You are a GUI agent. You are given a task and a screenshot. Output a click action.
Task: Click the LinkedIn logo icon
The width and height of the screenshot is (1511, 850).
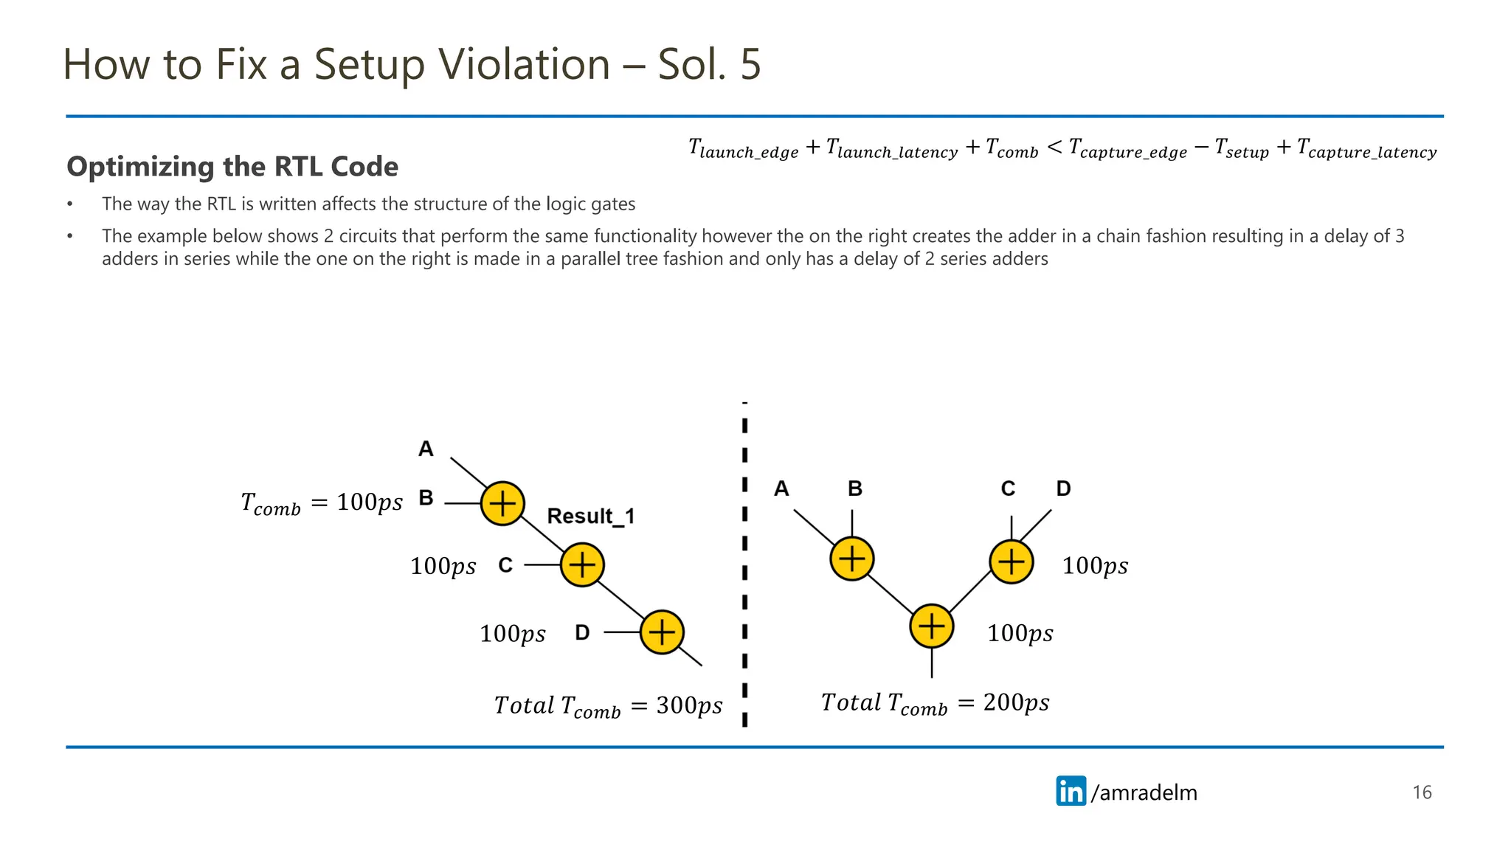pyautogui.click(x=1071, y=791)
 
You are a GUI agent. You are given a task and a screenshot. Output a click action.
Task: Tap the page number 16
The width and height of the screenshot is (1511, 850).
pyautogui.click(x=1422, y=792)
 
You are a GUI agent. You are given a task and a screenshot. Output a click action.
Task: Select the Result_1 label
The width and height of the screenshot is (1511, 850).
pyautogui.click(x=590, y=516)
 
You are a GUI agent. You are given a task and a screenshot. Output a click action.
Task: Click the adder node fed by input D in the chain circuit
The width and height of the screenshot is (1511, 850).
pyautogui.click(x=662, y=632)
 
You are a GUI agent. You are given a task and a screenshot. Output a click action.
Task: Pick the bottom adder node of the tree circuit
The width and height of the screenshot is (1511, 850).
pyautogui.click(x=932, y=626)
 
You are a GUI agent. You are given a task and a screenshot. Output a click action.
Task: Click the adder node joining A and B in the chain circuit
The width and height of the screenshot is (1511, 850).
pyautogui.click(x=502, y=504)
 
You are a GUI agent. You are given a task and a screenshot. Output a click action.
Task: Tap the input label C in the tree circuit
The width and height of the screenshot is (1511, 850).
pyautogui.click(x=1008, y=488)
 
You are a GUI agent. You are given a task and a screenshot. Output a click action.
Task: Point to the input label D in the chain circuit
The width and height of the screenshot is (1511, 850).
pyautogui.click(x=582, y=632)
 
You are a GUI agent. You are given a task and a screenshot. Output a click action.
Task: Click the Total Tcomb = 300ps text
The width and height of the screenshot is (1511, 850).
pyautogui.click(x=608, y=705)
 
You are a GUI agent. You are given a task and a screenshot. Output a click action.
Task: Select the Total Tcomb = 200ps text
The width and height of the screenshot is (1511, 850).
pyautogui.click(x=935, y=702)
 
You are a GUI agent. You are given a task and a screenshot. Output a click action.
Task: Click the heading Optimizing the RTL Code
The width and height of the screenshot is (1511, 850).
pyautogui.click(x=232, y=167)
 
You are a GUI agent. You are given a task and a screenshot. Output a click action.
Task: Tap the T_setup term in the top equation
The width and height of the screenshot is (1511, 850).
pyautogui.click(x=1242, y=149)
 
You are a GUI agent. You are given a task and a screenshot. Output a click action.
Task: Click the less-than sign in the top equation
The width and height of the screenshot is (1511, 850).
pyautogui.click(x=1054, y=148)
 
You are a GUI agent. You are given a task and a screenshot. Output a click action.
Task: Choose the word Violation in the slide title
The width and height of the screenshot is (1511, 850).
pyautogui.click(x=523, y=64)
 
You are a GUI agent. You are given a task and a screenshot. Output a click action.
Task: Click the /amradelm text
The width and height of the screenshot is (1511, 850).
pyautogui.click(x=1144, y=792)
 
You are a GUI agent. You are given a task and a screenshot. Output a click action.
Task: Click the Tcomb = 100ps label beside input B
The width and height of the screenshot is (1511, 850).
pyautogui.click(x=322, y=504)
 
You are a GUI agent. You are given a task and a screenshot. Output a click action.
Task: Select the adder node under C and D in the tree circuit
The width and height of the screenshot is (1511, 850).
pyautogui.click(x=1011, y=562)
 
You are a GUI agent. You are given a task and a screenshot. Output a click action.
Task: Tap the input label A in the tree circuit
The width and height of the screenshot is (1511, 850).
pyautogui.click(x=781, y=488)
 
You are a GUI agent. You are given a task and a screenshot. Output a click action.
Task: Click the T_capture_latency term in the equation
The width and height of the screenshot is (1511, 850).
pyautogui.click(x=1366, y=149)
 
